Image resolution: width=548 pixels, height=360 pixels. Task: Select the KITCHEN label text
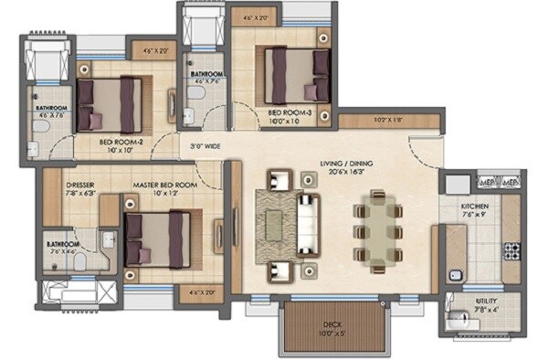pyautogui.click(x=475, y=207)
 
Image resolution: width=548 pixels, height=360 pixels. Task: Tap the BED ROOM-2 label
pyautogui.click(x=120, y=142)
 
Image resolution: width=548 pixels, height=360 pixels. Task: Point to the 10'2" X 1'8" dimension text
pyautogui.click(x=389, y=119)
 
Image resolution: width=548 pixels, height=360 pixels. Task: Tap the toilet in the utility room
pyautogui.click(x=458, y=320)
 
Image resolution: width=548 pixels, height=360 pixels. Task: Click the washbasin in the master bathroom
pyautogui.click(x=107, y=239)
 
